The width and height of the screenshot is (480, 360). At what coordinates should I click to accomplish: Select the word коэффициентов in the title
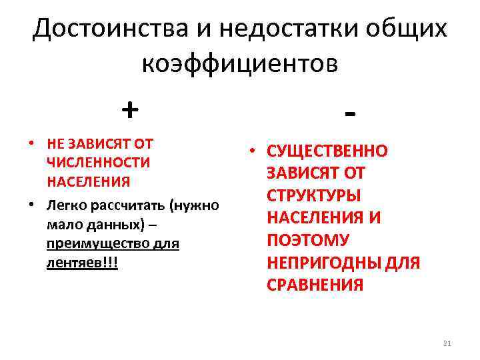pyautogui.click(x=240, y=64)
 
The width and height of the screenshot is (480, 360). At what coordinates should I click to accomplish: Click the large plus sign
pyautogui.click(x=130, y=109)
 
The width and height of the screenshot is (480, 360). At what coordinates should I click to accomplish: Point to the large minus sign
pyautogui.click(x=351, y=113)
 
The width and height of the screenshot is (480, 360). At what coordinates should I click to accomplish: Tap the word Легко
pyautogui.click(x=65, y=205)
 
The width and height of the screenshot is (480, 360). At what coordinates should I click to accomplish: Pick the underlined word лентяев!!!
pyautogui.click(x=82, y=263)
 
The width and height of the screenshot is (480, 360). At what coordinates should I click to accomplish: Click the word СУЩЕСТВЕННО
pyautogui.click(x=327, y=151)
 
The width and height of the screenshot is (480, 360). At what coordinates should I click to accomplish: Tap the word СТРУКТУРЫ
pyautogui.click(x=313, y=195)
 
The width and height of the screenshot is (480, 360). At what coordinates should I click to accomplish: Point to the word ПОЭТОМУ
pyautogui.click(x=308, y=240)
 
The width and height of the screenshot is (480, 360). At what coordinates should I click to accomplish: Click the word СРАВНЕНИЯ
pyautogui.click(x=315, y=285)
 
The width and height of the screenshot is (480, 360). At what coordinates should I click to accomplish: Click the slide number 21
pyautogui.click(x=447, y=343)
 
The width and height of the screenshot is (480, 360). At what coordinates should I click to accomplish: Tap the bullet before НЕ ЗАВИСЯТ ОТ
pyautogui.click(x=31, y=143)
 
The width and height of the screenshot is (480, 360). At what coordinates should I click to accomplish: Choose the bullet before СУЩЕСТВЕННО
pyautogui.click(x=251, y=151)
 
